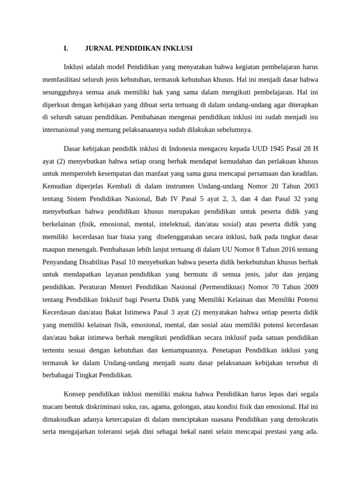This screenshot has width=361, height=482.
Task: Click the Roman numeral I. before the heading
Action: pos(65,48)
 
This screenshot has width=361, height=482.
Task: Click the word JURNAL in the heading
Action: pos(99,48)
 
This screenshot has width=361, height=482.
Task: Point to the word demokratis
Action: pos(302,418)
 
